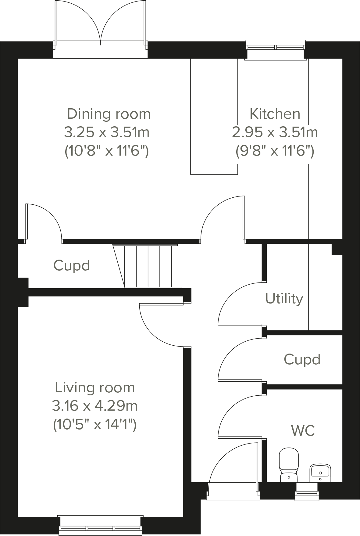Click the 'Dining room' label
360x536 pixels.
[109, 114]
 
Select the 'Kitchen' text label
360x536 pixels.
[275, 114]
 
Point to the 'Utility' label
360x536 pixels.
[284, 298]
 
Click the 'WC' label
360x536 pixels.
[303, 431]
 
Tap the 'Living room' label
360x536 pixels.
[95, 388]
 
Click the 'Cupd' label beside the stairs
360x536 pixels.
[72, 265]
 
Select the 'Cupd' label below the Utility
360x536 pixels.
[302, 359]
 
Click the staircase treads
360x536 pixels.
[148, 266]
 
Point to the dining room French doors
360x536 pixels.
[101, 27]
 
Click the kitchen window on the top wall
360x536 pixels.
[276, 47]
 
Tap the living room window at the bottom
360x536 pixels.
[101, 525]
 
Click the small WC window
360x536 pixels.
[307, 493]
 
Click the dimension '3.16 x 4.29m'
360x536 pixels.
[95, 406]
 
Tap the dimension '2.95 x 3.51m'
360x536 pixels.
[275, 132]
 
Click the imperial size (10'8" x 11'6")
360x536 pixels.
[107, 151]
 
